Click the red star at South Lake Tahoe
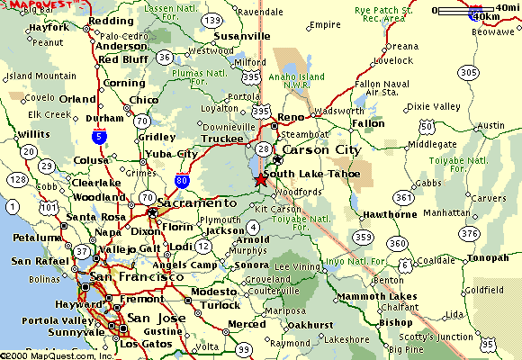pyautogui.click(x=261, y=180)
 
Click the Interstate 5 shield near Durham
pyautogui.click(x=97, y=136)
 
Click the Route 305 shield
pyautogui.click(x=467, y=73)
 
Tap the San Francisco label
pyautogui.click(x=138, y=277)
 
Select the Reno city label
pyautogui.click(x=290, y=118)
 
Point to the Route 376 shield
pyautogui.click(x=495, y=234)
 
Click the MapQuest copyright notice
pyautogui.click(x=57, y=355)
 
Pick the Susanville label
pyautogui.click(x=241, y=36)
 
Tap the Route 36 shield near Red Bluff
pyautogui.click(x=164, y=57)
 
